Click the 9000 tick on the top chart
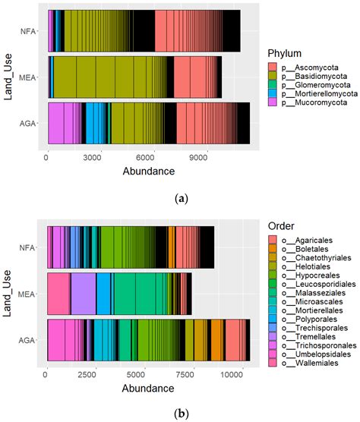[199, 158]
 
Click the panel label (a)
[181, 197]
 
